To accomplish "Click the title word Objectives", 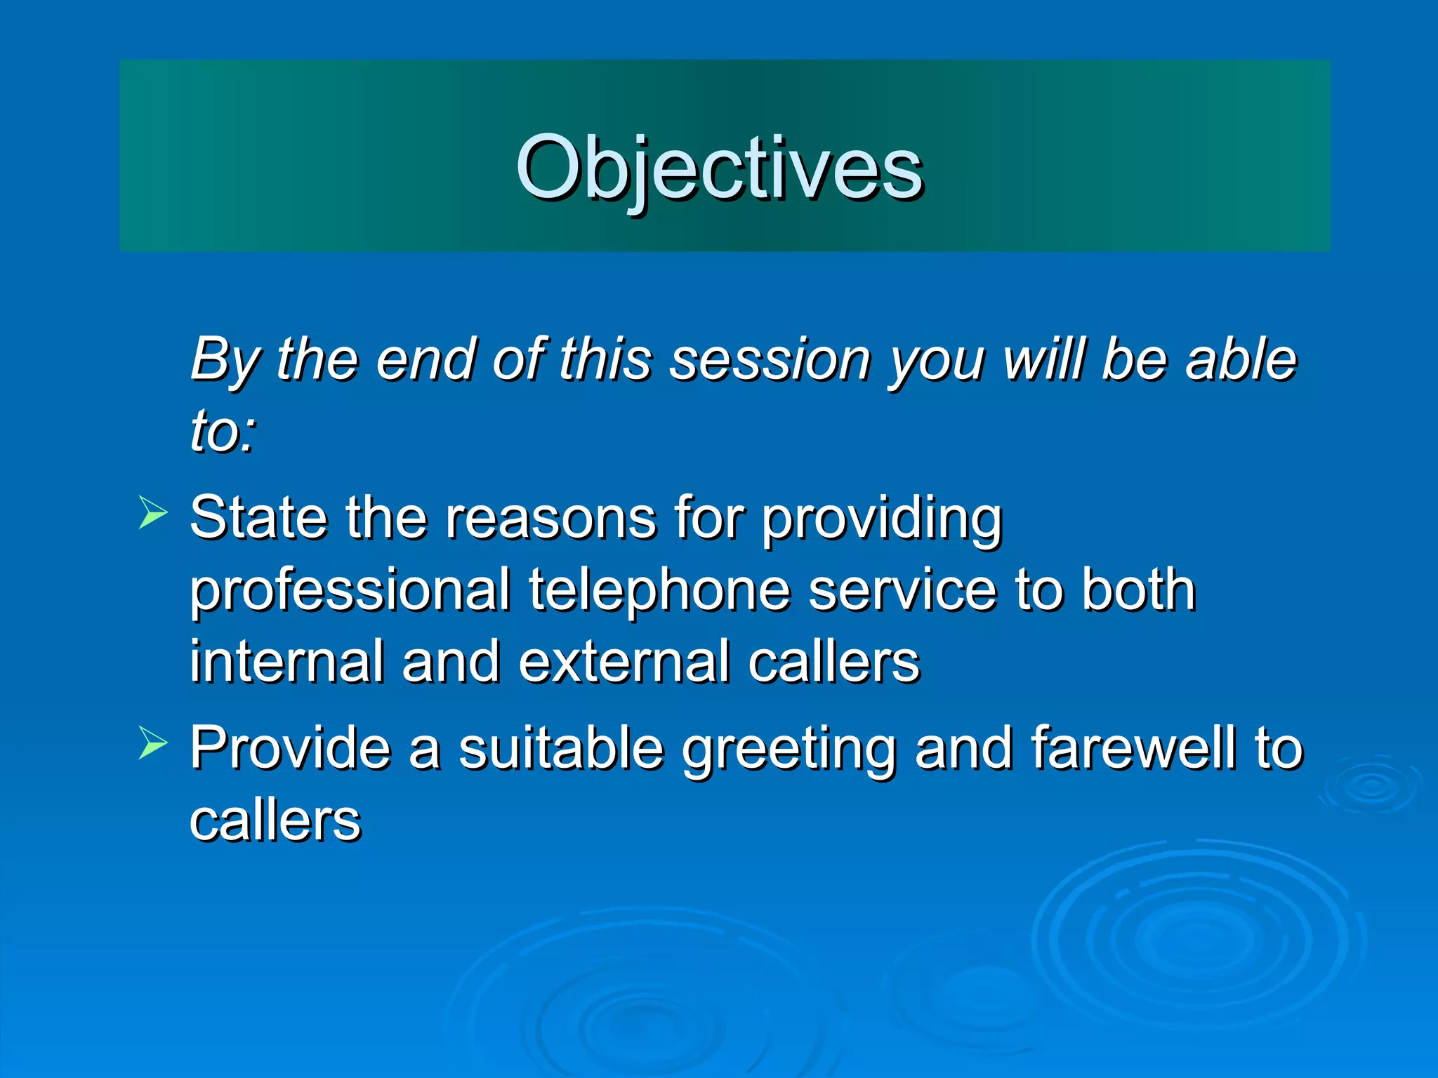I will tap(719, 168).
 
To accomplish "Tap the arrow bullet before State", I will tap(152, 512).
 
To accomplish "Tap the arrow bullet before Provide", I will tap(152, 743).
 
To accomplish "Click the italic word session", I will tap(770, 359).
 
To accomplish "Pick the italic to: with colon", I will tap(223, 431).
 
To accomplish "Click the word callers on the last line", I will tap(275, 821).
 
